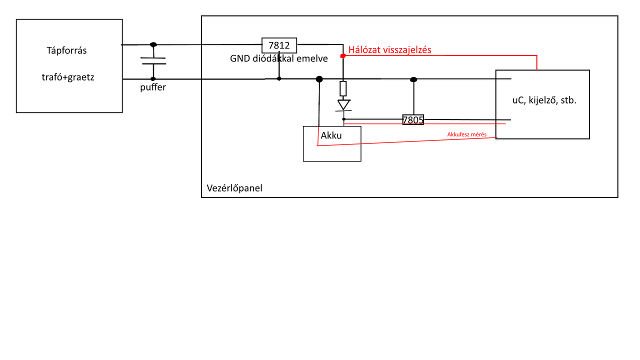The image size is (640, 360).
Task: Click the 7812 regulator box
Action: (279, 45)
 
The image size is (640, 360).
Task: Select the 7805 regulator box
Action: (413, 120)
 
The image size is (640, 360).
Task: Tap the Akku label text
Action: (331, 135)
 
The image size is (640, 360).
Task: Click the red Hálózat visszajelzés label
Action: (389, 49)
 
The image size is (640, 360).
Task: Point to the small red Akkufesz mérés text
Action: (466, 134)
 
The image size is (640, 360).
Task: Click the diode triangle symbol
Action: (343, 105)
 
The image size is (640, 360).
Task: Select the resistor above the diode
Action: (343, 88)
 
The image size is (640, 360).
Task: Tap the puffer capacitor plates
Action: (153, 61)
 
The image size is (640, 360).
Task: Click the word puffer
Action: (153, 87)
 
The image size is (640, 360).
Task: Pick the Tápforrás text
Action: (66, 50)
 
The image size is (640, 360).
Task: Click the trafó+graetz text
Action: (68, 77)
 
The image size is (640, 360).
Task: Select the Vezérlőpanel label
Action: (234, 188)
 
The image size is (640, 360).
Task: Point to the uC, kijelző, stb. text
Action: (544, 100)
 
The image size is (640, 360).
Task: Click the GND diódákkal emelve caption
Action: (279, 58)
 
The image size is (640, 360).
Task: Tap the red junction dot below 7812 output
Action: (343, 56)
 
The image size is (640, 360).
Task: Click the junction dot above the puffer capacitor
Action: (153, 44)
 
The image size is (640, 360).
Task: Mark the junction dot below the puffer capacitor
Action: (153, 79)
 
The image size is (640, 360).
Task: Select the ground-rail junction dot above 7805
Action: (413, 79)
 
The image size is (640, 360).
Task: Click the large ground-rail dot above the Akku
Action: (319, 79)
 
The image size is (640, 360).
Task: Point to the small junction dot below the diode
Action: (344, 119)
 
